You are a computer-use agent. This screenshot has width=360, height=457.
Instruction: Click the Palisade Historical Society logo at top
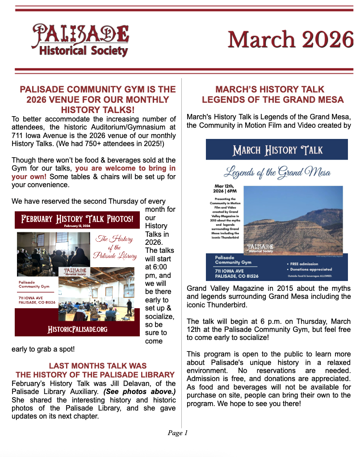tap(80, 40)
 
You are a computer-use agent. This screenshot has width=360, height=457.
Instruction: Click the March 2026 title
tap(290, 40)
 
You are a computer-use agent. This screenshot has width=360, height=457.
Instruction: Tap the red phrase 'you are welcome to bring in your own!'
tap(125, 168)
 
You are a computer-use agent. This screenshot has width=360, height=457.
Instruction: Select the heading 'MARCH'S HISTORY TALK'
tap(270, 89)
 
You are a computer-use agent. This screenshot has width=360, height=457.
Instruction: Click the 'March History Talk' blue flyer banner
tap(277, 150)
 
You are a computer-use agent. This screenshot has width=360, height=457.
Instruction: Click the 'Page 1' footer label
tap(178, 432)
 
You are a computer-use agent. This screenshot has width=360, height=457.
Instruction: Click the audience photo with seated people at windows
tap(47, 248)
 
